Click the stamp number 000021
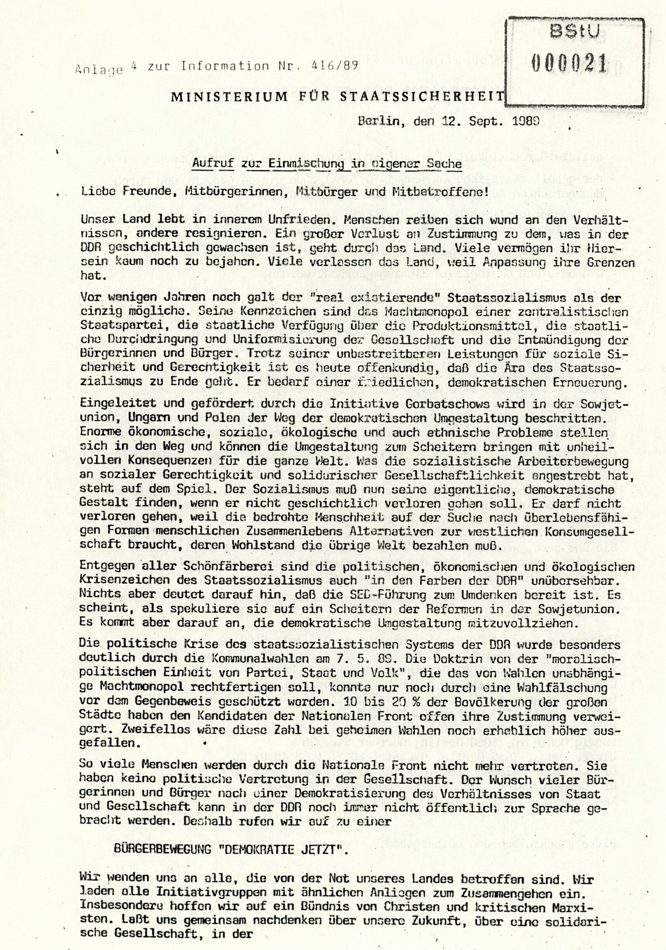coord(569,64)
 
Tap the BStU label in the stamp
coord(566,31)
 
